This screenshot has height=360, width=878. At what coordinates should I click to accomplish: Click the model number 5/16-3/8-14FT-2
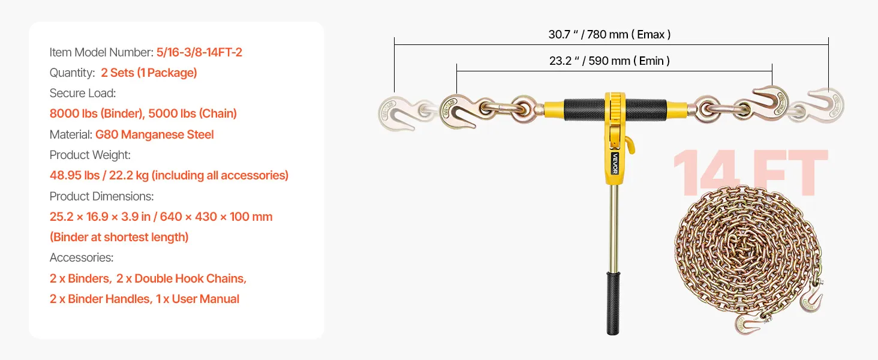(x=199, y=52)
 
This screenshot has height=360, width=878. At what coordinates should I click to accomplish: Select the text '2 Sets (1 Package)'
(x=149, y=73)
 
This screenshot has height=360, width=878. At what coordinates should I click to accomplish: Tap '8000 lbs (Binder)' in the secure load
(x=97, y=113)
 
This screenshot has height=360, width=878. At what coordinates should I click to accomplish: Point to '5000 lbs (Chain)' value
(x=193, y=113)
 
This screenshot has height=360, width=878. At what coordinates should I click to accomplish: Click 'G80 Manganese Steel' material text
(x=155, y=134)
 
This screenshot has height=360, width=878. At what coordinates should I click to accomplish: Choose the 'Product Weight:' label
(x=90, y=155)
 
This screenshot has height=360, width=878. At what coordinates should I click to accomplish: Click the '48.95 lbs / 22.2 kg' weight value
(x=99, y=175)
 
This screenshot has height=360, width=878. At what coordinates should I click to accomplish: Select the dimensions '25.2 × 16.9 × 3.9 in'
(x=100, y=217)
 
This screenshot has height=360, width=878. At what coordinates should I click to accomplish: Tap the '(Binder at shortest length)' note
(x=119, y=237)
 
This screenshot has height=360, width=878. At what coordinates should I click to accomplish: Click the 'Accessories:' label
(x=81, y=257)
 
